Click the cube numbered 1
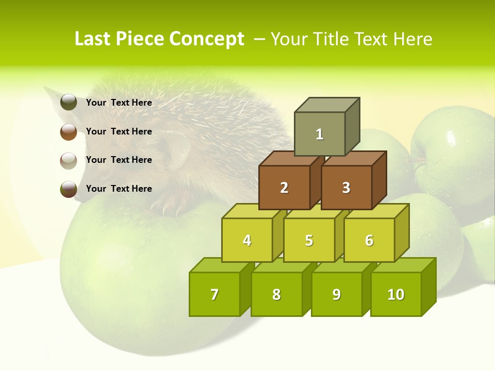tap(320, 134)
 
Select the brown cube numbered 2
tap(284, 188)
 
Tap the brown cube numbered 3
tap(346, 188)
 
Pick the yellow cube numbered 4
tap(247, 240)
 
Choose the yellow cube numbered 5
tap(309, 240)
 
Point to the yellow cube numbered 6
tap(369, 240)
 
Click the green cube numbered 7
tap(214, 294)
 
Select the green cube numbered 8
tap(276, 294)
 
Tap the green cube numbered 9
tap(337, 294)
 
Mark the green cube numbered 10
tap(396, 294)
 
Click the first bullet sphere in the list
tap(69, 103)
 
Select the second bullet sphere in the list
tap(69, 131)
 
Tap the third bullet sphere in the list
tap(69, 160)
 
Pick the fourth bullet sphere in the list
tap(69, 189)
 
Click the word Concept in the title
tap(207, 39)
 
